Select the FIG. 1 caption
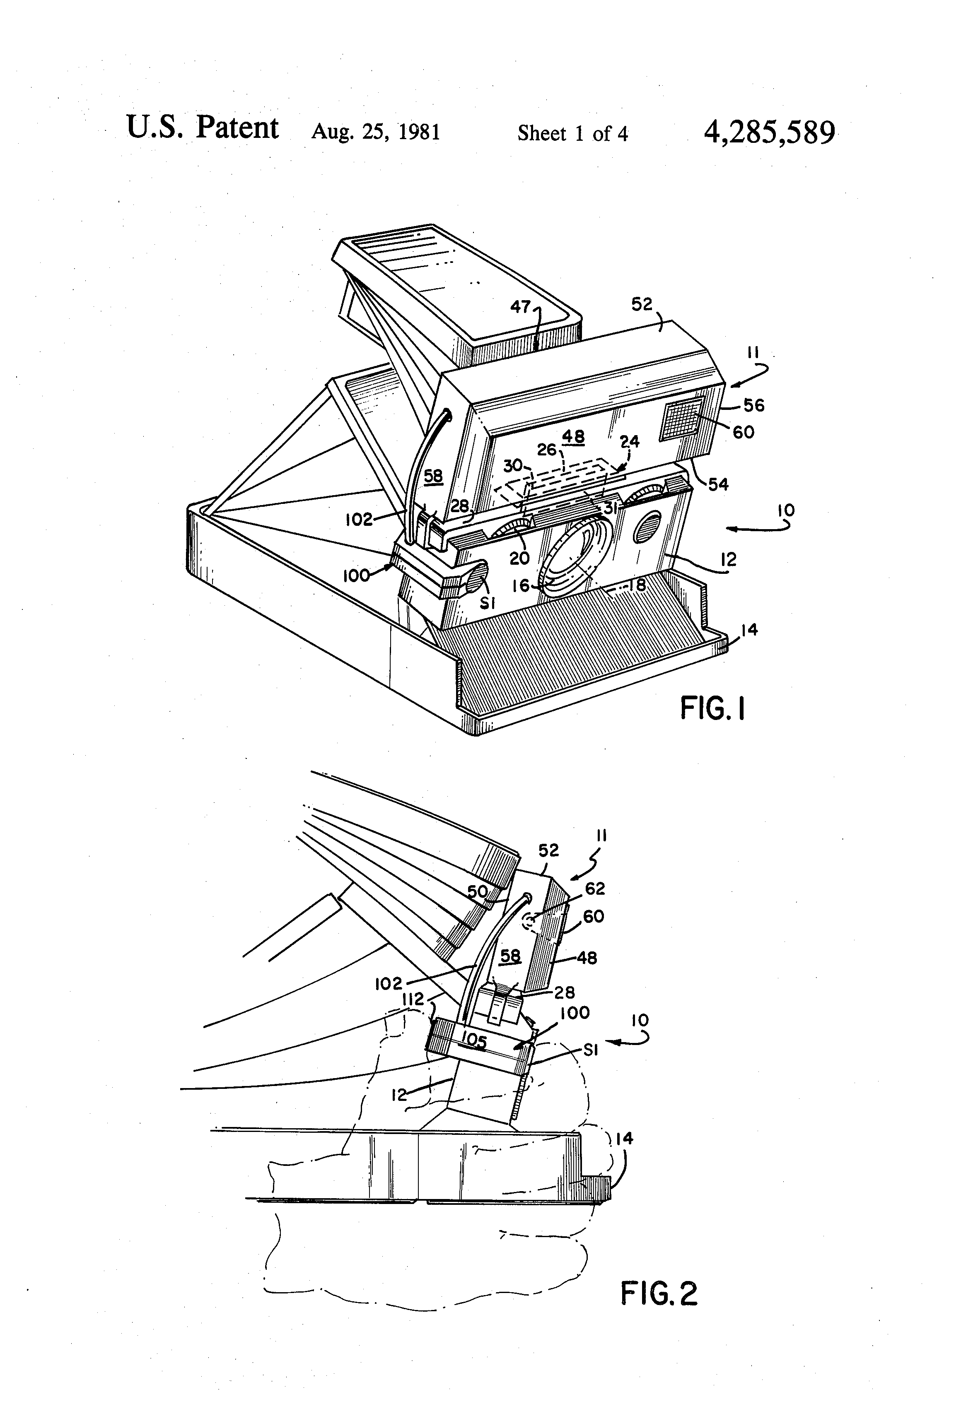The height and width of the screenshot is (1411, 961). point(712,708)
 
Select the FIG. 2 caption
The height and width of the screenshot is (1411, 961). point(659,1293)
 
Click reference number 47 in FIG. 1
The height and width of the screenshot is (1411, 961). point(521,307)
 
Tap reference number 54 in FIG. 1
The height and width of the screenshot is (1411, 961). point(718,484)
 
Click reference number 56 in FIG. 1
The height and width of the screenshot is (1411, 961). point(753,405)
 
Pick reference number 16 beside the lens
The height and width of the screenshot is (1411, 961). point(521,585)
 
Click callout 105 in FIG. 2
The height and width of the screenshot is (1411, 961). point(473,1043)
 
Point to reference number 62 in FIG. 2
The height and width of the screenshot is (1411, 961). point(595,889)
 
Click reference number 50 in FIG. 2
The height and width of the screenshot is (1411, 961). point(478,892)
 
